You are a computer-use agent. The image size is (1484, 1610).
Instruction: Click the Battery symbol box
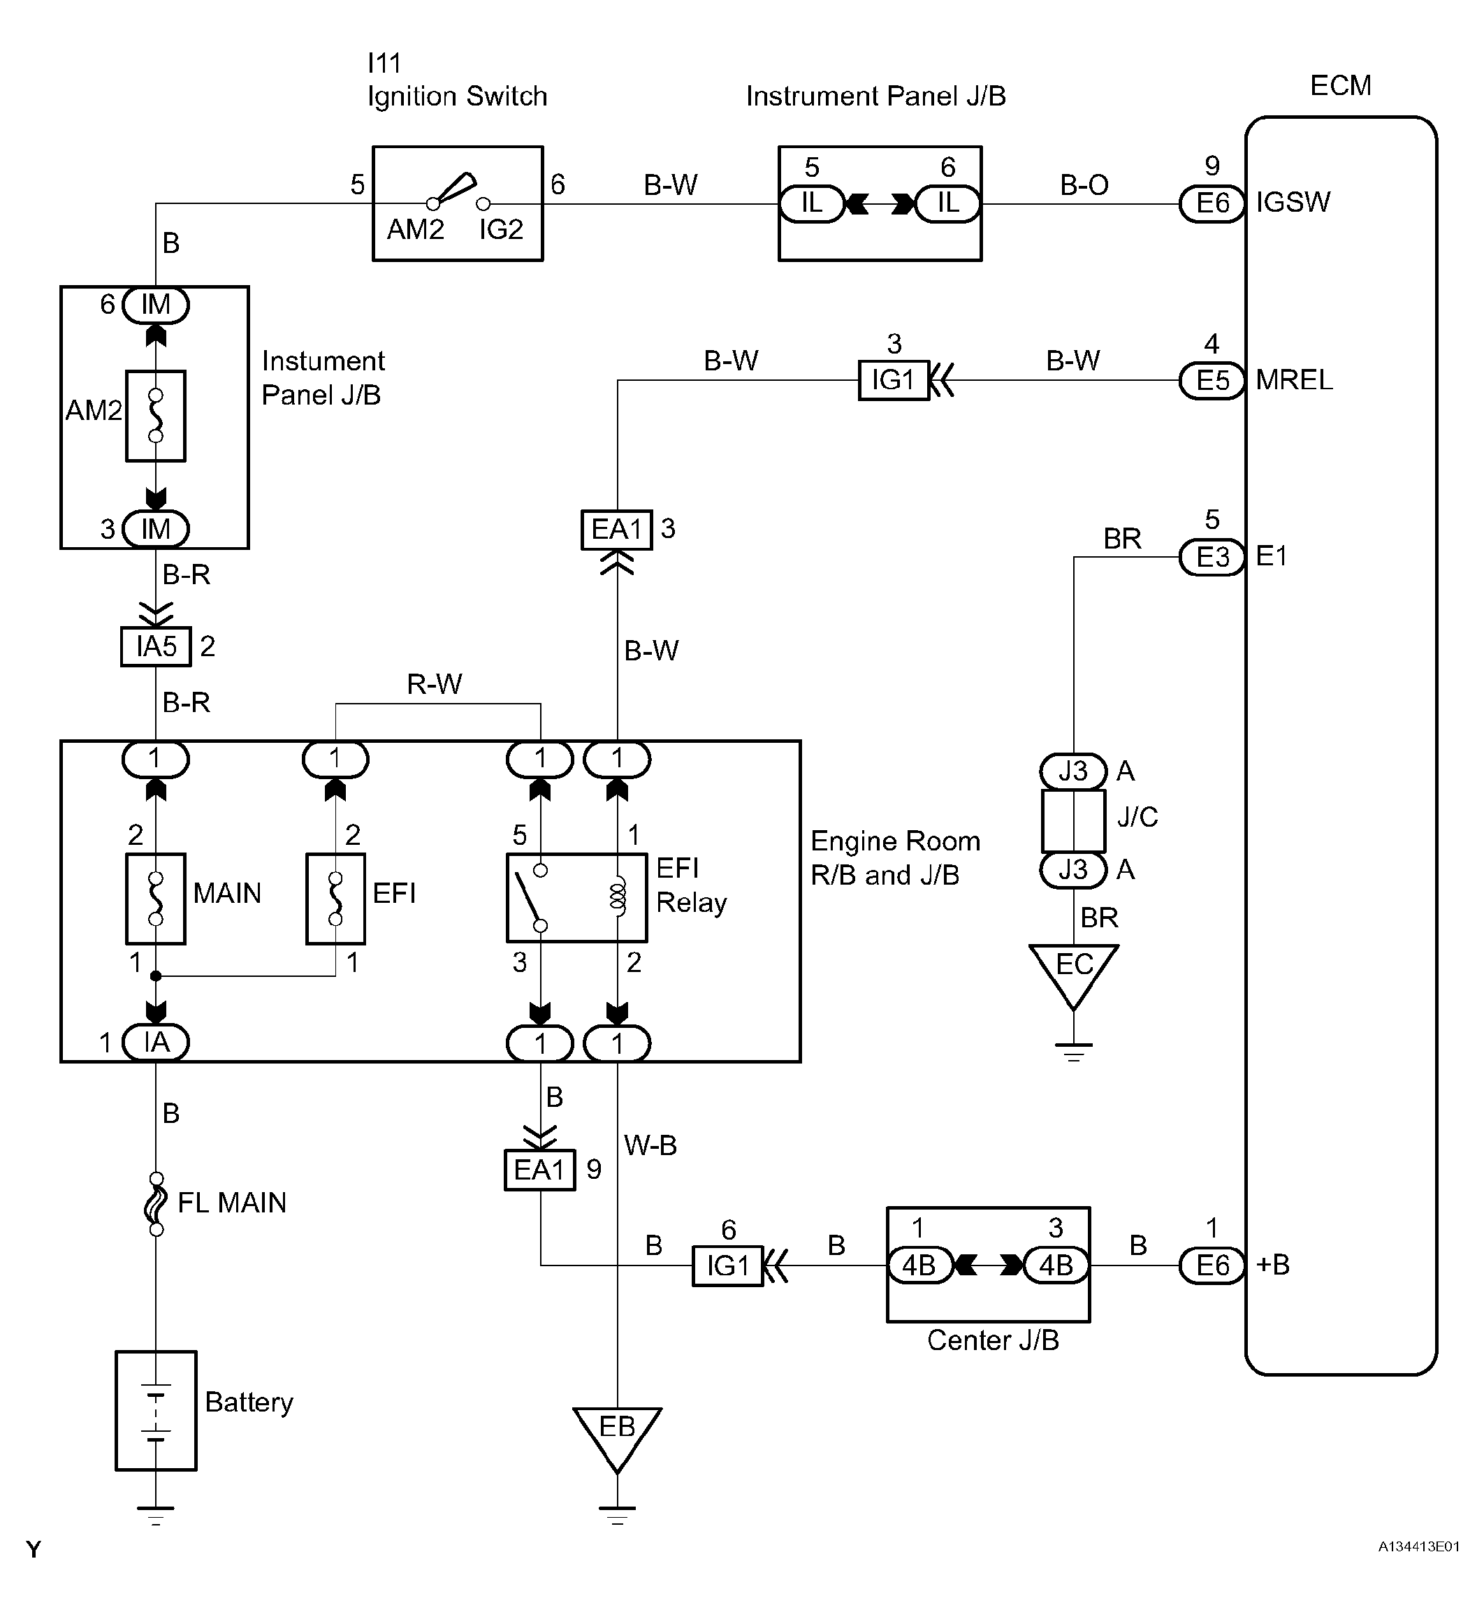point(156,1410)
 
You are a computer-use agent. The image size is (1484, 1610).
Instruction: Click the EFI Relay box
point(576,898)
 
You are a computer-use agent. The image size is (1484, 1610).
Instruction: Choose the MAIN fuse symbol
point(156,899)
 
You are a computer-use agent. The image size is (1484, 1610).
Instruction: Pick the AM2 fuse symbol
point(156,416)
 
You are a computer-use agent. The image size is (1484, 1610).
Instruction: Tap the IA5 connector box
point(156,646)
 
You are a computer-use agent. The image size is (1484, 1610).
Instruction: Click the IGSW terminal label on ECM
point(1293,203)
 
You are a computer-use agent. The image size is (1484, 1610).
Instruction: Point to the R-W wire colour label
point(435,684)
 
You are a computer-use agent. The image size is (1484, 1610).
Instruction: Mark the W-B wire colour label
point(650,1145)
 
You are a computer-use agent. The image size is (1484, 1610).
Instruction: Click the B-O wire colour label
point(1084,185)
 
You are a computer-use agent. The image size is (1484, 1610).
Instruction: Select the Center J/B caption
point(993,1340)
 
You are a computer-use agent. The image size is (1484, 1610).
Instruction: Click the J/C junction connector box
point(1073,820)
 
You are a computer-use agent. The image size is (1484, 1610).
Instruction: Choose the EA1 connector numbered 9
point(539,1170)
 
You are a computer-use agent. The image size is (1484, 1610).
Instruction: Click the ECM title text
point(1340,86)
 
